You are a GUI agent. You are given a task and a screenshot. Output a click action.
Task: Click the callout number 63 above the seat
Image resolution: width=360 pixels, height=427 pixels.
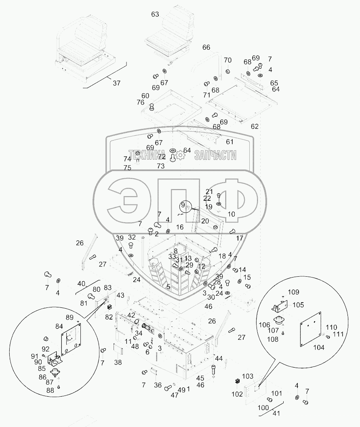coord(155,15)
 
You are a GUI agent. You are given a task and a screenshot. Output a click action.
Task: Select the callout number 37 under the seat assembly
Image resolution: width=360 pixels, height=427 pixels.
coord(116,84)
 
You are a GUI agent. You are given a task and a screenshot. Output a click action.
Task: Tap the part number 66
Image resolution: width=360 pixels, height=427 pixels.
coord(206,47)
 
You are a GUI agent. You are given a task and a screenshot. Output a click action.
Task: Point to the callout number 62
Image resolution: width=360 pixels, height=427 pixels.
coord(254,126)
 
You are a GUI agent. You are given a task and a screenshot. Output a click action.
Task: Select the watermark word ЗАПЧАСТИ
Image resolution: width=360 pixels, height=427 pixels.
coord(215,155)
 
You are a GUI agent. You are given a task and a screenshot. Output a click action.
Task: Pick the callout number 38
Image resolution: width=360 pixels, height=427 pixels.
coord(118,362)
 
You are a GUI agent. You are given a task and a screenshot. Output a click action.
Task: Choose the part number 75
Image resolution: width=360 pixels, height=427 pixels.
coord(127,168)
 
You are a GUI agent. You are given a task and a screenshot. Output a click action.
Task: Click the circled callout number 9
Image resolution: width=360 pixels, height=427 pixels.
coord(183,205)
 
